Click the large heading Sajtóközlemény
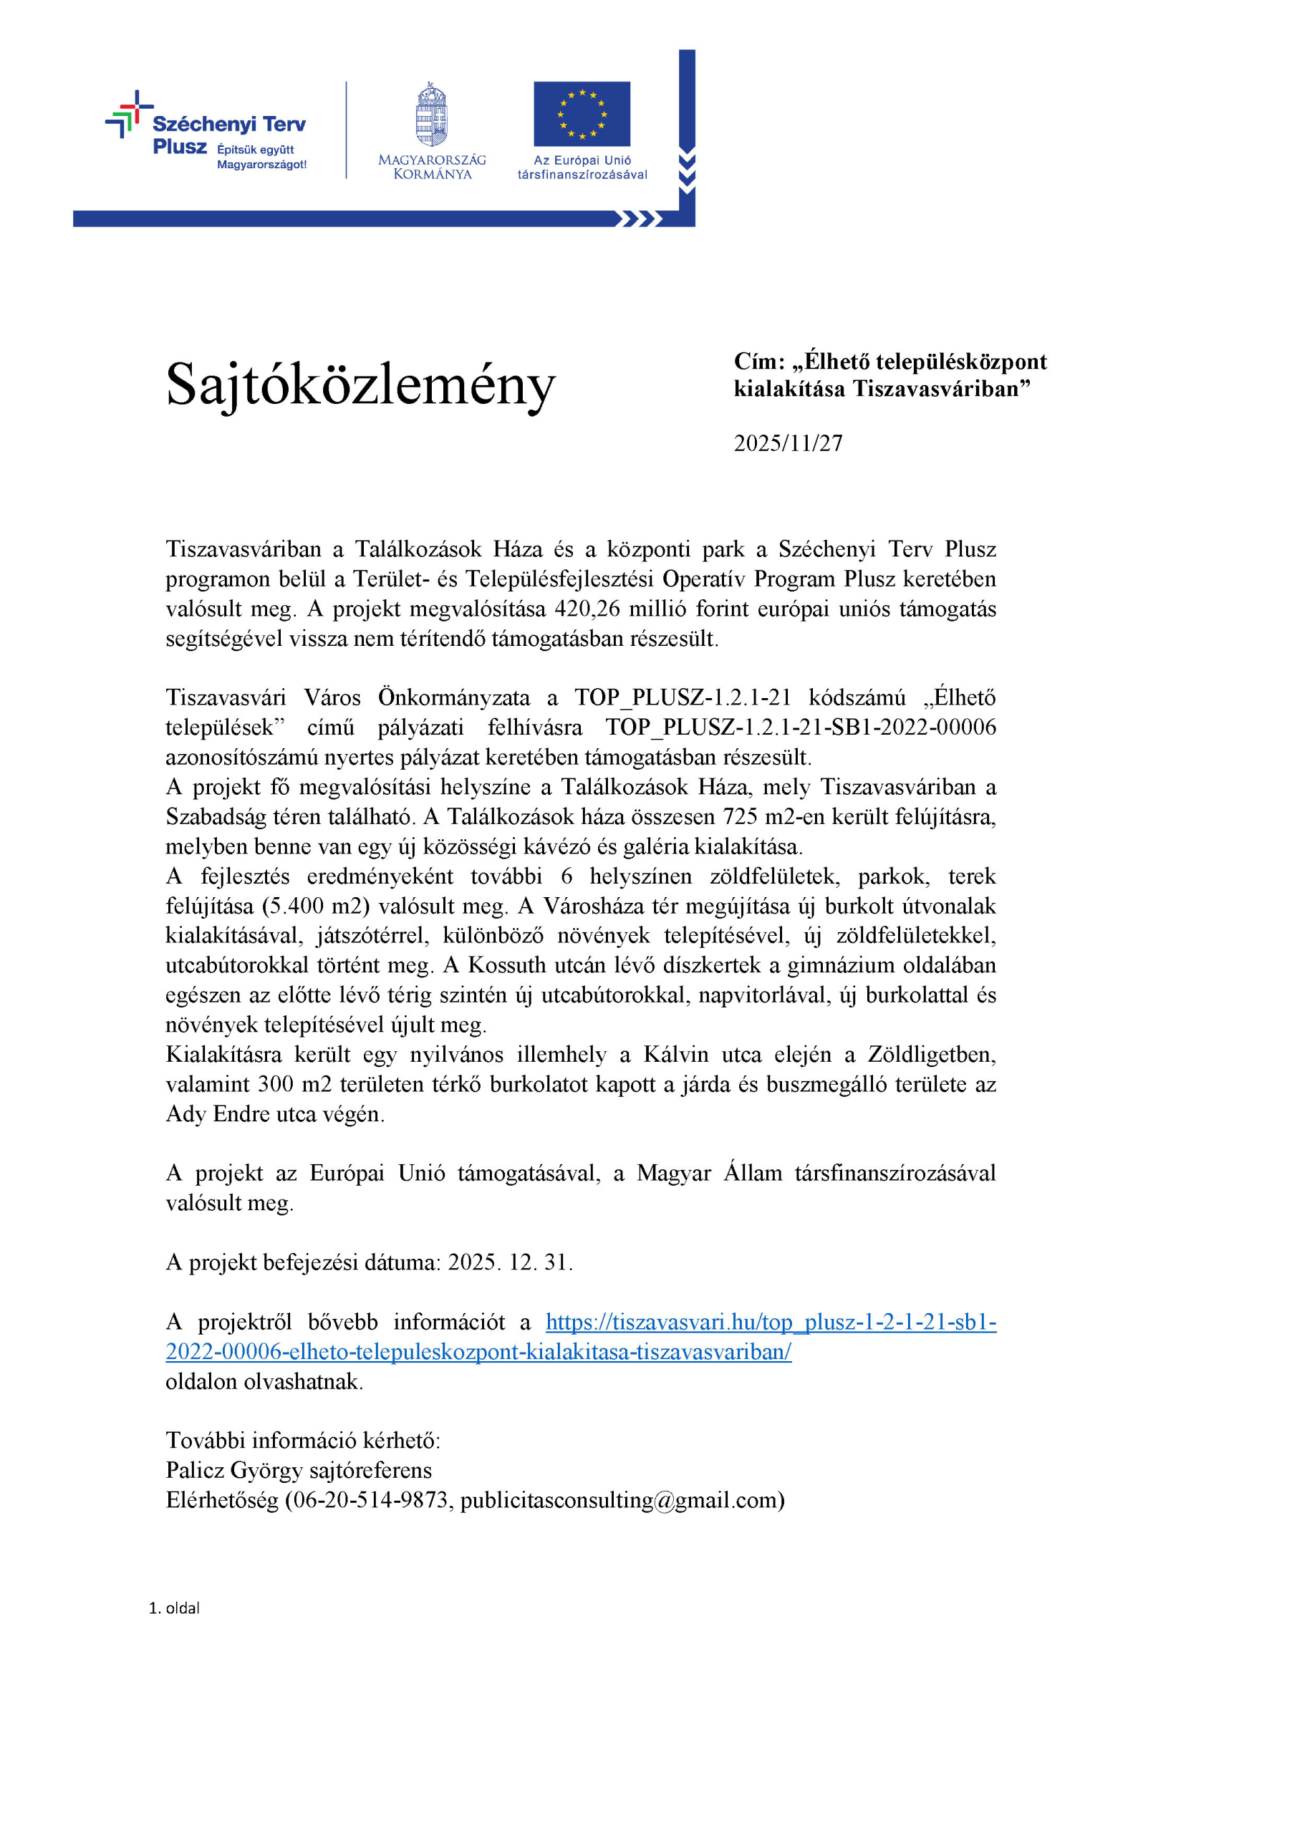[360, 385]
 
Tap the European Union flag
[582, 113]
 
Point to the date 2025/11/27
[788, 443]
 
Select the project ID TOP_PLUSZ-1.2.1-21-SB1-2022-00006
[800, 727]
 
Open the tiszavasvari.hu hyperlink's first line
[771, 1322]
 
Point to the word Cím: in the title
[758, 362]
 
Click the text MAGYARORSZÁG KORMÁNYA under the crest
[432, 167]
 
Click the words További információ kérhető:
[303, 1440]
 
